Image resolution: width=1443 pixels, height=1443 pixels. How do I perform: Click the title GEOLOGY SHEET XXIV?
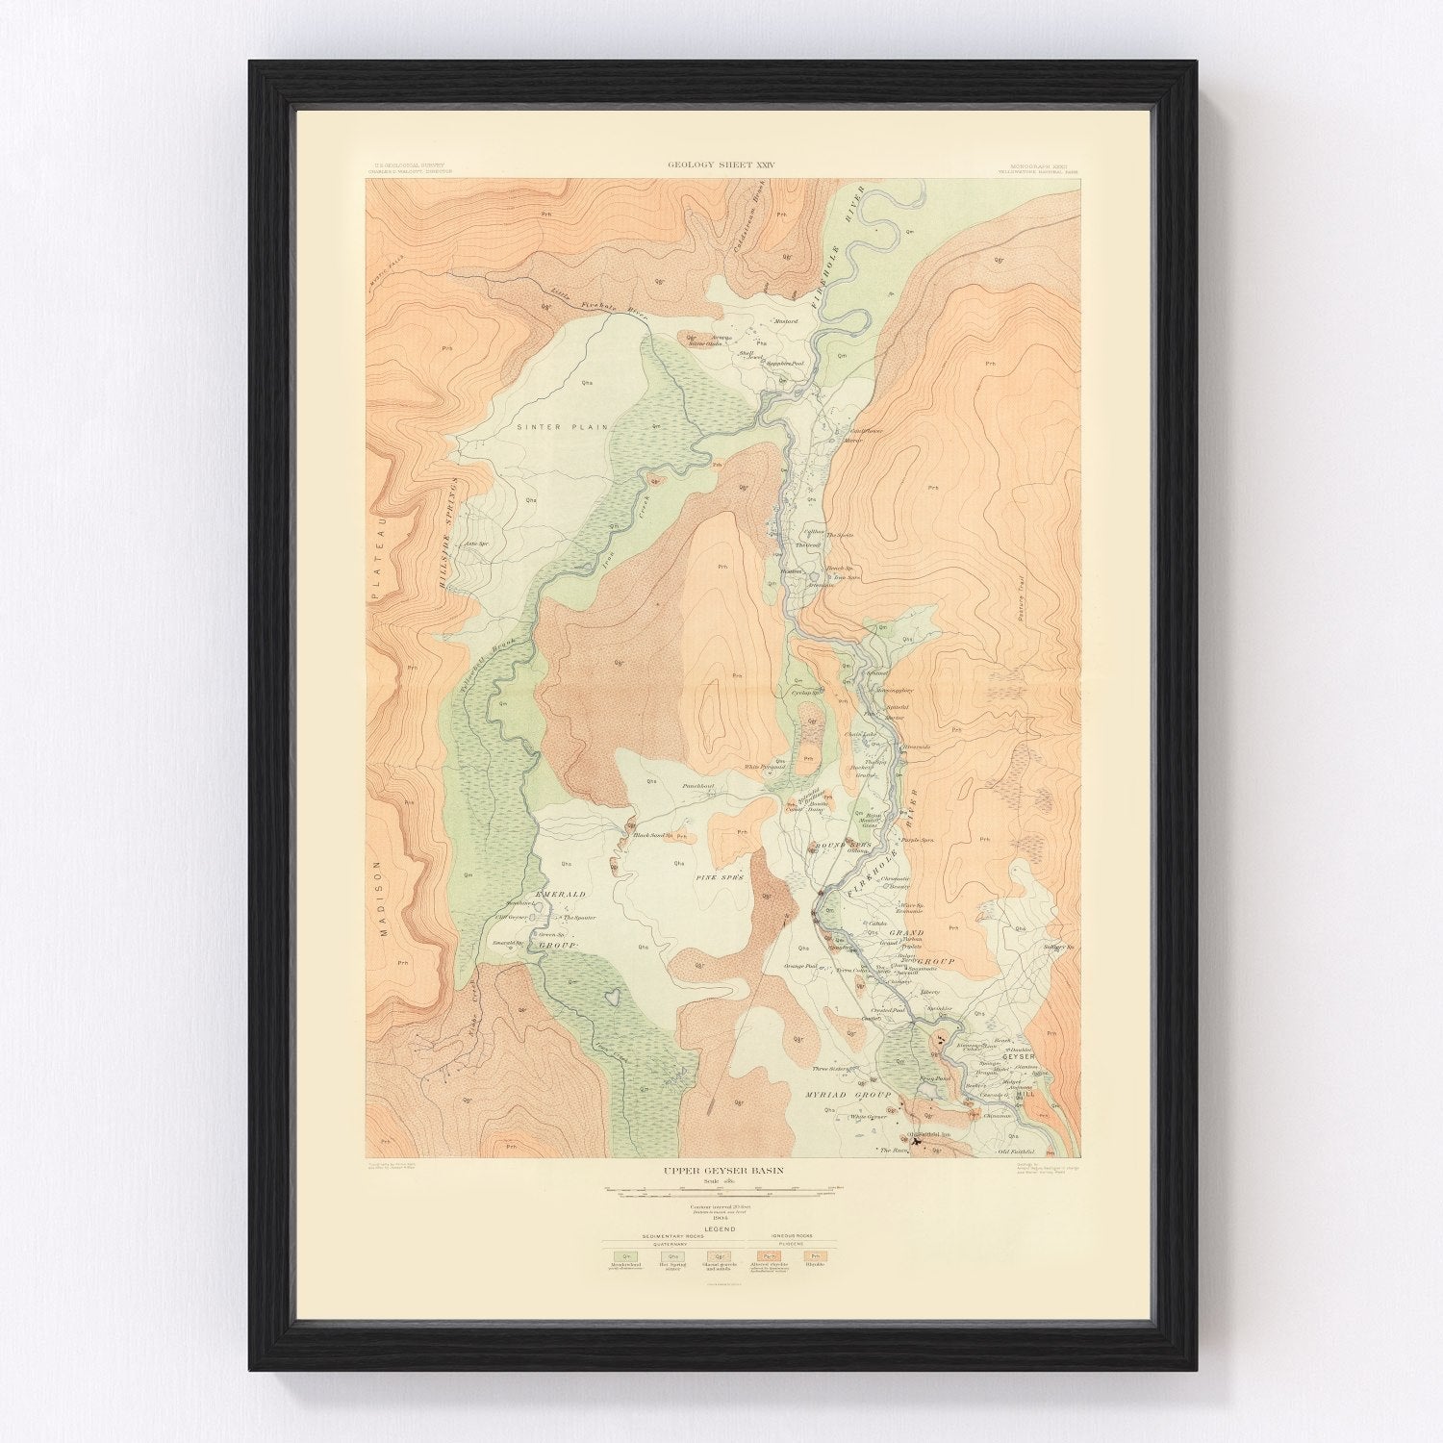coord(721,165)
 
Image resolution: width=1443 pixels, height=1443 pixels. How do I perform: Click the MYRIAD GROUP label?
coord(840,1095)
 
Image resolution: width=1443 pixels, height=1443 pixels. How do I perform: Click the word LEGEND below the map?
coord(721,1229)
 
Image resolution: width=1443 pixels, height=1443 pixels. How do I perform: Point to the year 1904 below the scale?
coord(721,1220)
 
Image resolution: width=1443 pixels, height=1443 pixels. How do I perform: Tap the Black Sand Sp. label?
coord(651,835)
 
